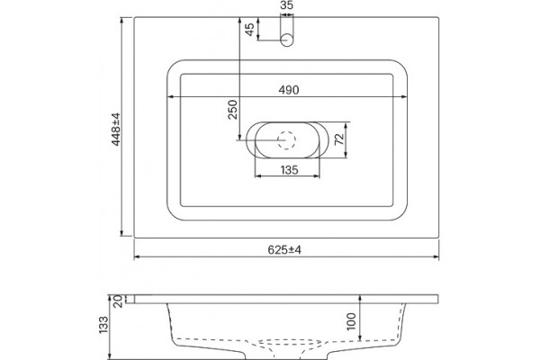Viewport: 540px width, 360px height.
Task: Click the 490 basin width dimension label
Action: pos(289,90)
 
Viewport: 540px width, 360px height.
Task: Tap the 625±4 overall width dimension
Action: pos(284,250)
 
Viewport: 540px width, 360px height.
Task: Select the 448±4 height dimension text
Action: pos(116,130)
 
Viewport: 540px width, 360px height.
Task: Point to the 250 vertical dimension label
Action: pos(233,110)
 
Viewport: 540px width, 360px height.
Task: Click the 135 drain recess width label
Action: pos(289,170)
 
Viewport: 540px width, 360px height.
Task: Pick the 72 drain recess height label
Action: pos(339,139)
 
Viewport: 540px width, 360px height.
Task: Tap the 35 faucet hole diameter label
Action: pos(286,5)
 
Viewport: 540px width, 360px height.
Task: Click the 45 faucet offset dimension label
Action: pos(249,29)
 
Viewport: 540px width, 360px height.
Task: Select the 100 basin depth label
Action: pos(351,321)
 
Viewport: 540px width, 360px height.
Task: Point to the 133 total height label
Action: pos(103,325)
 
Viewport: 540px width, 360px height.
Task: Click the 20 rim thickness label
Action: pos(118,301)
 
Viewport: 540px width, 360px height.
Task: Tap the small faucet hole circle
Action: pos(286,40)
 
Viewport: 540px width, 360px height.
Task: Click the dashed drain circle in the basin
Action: pos(286,140)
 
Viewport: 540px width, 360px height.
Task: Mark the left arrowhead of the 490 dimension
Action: pos(170,97)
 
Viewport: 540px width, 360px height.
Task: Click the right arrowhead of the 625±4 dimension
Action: pos(436,256)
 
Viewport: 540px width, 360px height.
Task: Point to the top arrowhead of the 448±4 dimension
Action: pos(121,21)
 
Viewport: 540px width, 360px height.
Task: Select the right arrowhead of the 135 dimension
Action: pos(317,176)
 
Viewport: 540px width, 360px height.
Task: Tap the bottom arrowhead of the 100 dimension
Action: pos(360,337)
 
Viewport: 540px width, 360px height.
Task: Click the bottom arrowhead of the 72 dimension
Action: pos(346,155)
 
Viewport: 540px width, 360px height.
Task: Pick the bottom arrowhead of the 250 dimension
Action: pos(238,137)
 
